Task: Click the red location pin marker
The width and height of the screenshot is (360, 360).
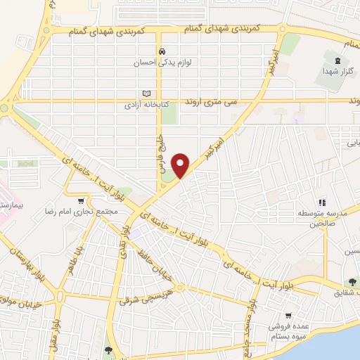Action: coord(181,165)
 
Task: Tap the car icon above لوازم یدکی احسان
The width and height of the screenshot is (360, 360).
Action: coord(162,51)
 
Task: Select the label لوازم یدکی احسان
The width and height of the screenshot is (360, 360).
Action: coord(162,62)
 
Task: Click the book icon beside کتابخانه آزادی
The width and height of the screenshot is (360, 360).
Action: coord(146,94)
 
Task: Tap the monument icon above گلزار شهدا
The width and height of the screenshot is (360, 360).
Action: coord(339,62)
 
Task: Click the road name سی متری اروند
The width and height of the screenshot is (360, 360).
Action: coord(219,103)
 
